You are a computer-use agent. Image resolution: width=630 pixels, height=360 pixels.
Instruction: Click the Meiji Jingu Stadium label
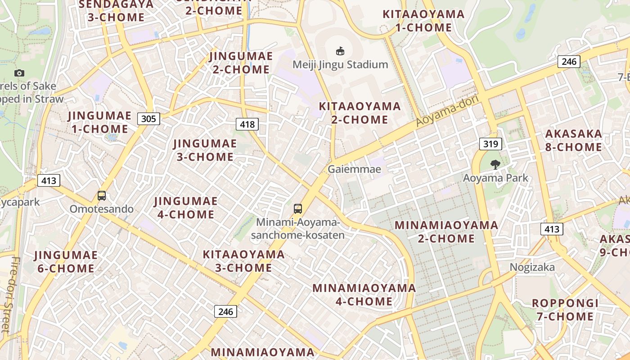click(x=340, y=64)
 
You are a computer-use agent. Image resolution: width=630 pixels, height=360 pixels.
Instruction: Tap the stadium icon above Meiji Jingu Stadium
click(x=340, y=51)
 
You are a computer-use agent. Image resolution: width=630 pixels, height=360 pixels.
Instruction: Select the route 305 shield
click(x=148, y=119)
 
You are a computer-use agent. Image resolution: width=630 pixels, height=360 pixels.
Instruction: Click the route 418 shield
click(x=247, y=124)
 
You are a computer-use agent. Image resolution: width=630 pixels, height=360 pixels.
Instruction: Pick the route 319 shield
click(x=490, y=144)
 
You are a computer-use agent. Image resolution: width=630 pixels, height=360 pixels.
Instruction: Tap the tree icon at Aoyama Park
click(x=495, y=165)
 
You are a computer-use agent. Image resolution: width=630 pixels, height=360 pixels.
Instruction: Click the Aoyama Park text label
click(x=495, y=178)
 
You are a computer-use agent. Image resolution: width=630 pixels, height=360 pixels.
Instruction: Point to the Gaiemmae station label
click(x=354, y=169)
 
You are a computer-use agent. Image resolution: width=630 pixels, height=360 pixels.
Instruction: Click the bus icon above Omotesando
click(x=102, y=196)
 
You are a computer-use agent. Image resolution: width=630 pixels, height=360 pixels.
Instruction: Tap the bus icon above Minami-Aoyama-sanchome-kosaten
click(x=298, y=208)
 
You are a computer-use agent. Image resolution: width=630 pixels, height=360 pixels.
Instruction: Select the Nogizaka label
click(x=532, y=267)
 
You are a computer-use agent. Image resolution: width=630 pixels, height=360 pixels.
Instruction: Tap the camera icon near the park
click(x=19, y=73)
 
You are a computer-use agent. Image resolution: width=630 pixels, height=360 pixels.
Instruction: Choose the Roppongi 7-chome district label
click(x=565, y=310)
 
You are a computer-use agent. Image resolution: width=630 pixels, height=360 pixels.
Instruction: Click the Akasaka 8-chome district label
click(x=573, y=140)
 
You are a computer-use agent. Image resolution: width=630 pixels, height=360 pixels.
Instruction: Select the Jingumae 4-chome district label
click(x=186, y=207)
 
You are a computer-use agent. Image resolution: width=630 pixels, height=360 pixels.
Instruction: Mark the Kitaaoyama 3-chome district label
click(x=243, y=261)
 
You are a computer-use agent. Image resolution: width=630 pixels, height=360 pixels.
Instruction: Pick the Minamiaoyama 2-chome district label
click(x=446, y=231)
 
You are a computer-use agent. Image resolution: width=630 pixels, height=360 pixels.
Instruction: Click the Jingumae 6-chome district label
click(x=66, y=262)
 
